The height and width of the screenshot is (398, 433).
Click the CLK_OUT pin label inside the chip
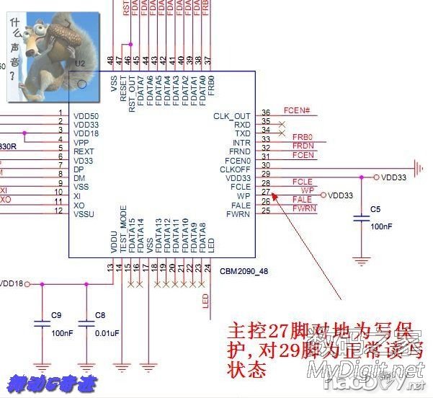coord(232,116)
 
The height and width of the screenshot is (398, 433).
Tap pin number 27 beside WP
coord(266,193)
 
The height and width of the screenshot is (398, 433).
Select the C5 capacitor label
coord(375,209)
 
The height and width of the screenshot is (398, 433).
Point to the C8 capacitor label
coord(100,315)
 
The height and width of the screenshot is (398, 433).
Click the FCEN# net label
coord(296,110)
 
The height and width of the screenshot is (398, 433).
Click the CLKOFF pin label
coord(235,169)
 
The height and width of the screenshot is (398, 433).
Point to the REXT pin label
coord(84,151)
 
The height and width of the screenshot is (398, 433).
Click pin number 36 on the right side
coord(266,112)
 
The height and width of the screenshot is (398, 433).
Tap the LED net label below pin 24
coord(206,300)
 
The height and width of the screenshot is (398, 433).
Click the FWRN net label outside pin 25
coord(304,209)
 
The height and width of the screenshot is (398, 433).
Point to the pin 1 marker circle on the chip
coord(83,84)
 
